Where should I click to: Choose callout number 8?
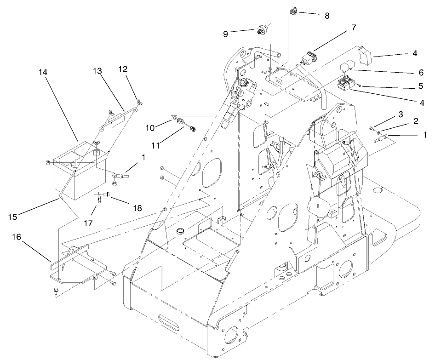pos(327,15)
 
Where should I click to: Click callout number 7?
pos(353,28)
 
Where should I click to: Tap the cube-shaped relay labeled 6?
pos(347,69)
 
